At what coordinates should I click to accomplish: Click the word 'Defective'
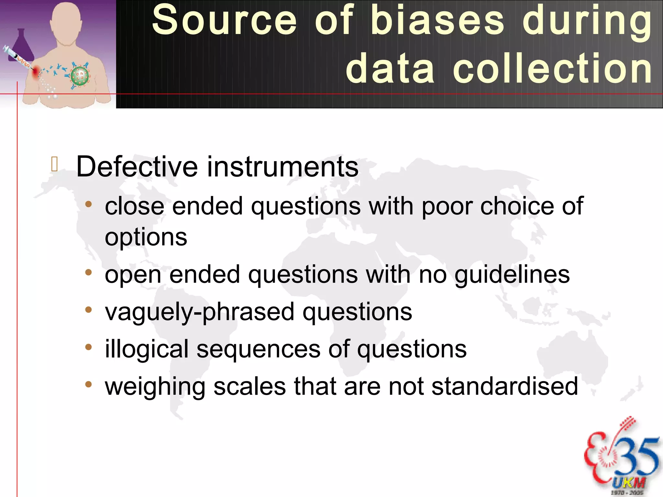[x=137, y=167]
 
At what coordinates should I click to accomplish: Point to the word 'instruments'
[x=283, y=167]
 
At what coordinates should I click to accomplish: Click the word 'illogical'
[x=147, y=349]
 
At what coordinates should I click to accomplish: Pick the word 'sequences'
[x=258, y=349]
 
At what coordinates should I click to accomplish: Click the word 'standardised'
[x=505, y=386]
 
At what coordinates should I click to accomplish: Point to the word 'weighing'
[x=155, y=387]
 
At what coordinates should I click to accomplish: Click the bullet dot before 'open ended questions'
[x=88, y=272]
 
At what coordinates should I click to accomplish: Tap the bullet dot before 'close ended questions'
[x=88, y=204]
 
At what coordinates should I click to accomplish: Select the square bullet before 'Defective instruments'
[x=54, y=164]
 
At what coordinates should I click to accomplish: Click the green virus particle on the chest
[x=80, y=76]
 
